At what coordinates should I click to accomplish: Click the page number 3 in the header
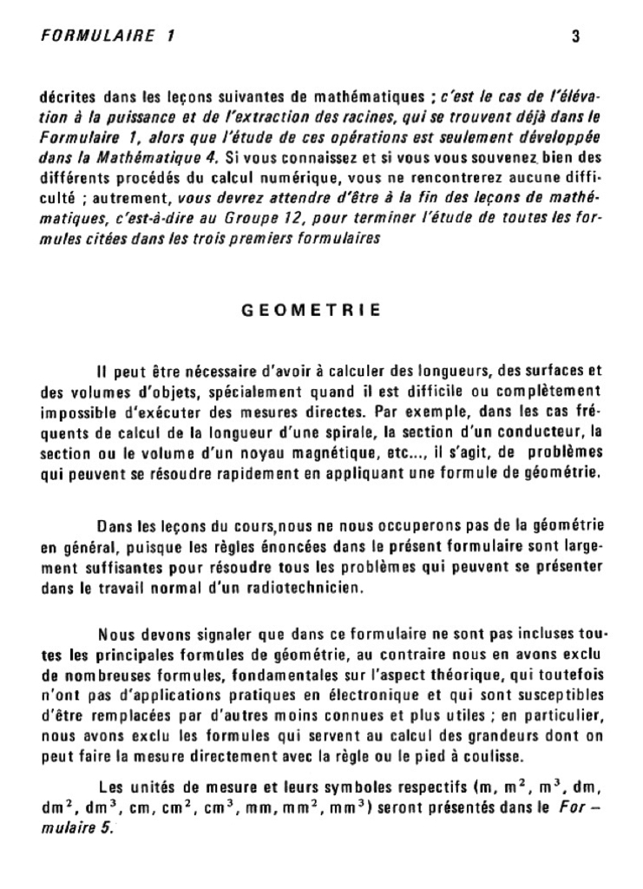point(576,37)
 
